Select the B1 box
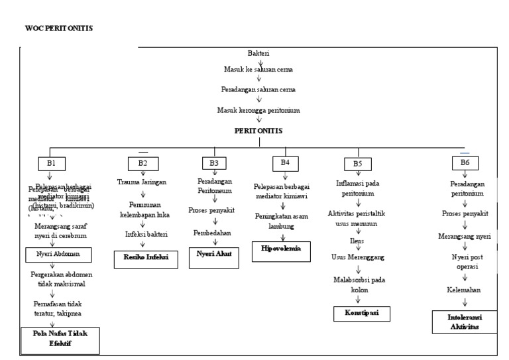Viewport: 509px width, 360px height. pos(50,162)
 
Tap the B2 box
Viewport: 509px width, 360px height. pos(142,162)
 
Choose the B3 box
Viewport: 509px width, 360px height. pos(214,162)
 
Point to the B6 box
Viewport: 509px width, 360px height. pos(465,162)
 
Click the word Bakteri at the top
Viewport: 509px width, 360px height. pos(258,53)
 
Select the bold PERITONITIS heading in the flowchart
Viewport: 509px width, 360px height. pos(259,131)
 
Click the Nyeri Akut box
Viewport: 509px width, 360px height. pos(213,253)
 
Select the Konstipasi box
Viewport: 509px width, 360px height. pos(361,312)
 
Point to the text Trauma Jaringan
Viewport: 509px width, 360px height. pos(142,182)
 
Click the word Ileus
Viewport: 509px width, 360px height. pos(358,241)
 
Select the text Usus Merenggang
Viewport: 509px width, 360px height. pos(358,256)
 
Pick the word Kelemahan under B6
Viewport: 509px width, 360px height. pos(463,290)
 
